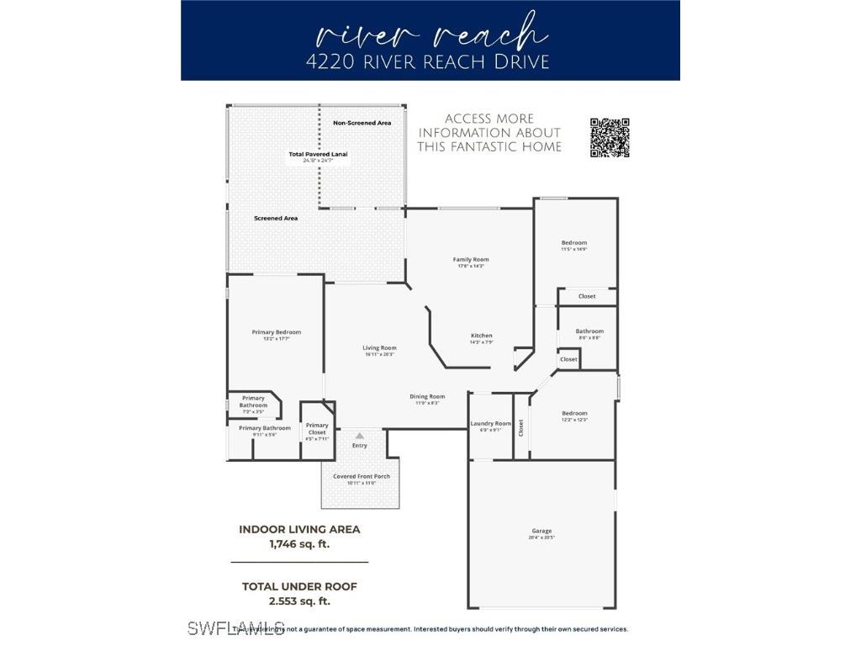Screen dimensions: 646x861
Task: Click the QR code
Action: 610,138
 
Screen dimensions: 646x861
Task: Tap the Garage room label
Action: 542,532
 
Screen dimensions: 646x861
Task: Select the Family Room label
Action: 471,260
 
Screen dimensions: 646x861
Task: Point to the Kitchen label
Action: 481,336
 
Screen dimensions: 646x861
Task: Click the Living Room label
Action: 379,348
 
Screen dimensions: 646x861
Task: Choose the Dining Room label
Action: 427,397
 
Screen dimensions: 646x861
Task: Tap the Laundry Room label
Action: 490,424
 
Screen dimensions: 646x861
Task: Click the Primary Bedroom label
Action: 276,332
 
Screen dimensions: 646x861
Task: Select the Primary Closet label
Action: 317,429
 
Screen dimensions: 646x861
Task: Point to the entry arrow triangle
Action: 360,436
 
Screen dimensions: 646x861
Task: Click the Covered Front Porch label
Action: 362,477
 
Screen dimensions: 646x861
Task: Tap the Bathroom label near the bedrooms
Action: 589,331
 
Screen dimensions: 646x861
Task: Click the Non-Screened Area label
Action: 362,124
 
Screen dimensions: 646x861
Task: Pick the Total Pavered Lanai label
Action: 318,155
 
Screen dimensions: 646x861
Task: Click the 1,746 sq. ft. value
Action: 299,544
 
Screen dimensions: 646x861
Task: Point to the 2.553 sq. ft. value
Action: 299,601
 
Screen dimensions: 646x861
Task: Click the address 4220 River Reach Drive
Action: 430,62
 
